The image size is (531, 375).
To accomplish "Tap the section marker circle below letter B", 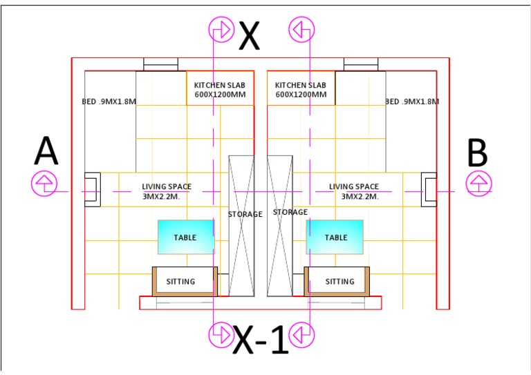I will coord(478,184).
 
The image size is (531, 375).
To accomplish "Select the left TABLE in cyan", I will coord(185,237).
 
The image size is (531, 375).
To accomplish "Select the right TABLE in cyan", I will coord(335,237).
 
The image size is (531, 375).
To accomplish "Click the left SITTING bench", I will coord(185,281).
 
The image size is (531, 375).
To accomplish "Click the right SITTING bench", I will coord(339,281).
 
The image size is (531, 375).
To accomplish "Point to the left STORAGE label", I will coord(245,214).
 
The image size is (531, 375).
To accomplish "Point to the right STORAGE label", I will coord(290,212).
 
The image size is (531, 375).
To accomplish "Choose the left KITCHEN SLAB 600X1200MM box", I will coord(220,89).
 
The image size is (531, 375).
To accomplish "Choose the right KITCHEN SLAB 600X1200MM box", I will coord(301,89).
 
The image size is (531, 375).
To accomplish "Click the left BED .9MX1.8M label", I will coord(109,102).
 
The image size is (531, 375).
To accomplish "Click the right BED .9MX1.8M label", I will coord(413,102).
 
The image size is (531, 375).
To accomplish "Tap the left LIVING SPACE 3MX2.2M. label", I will coord(167,191).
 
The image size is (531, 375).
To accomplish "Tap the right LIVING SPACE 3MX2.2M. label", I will coord(354,191).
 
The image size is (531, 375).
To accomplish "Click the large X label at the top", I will coord(250,36).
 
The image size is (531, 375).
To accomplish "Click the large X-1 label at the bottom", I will coord(261,340).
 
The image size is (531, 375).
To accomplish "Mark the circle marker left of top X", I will coord(221,30).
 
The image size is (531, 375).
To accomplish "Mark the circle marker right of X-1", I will coord(302,334).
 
